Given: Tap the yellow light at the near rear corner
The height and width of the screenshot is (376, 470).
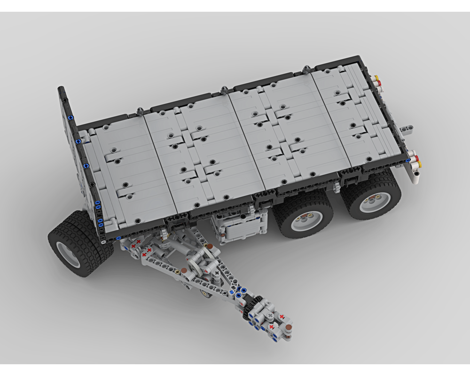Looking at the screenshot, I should pos(418,164).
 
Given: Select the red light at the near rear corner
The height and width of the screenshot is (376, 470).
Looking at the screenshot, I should pos(414,157).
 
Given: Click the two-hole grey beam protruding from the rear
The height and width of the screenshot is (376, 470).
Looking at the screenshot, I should pos(407,128).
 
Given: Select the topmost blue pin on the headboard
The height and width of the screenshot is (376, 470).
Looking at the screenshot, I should pos(70,117).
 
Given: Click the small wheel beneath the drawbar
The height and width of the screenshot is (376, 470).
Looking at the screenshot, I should pos(206,294).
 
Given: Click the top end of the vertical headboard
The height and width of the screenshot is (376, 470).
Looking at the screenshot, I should pos(61,89).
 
